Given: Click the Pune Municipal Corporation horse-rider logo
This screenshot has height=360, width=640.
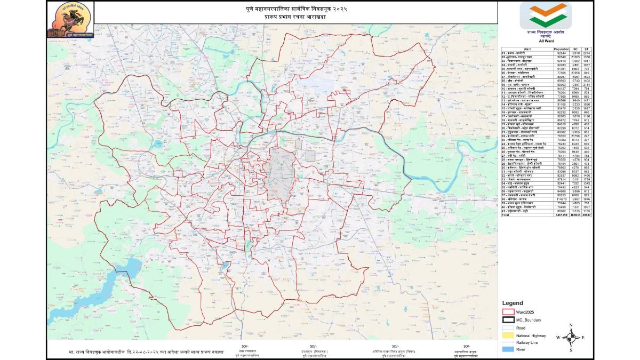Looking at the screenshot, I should pyautogui.click(x=70, y=21).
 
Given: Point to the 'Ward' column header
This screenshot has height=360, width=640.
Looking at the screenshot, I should pyautogui.click(x=527, y=49).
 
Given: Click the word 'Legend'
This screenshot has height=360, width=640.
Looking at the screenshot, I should pyautogui.click(x=513, y=302).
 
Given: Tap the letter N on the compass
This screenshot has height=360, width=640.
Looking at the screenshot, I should pyautogui.click(x=571, y=325).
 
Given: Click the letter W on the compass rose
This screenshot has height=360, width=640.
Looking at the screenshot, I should pyautogui.click(x=558, y=337).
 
